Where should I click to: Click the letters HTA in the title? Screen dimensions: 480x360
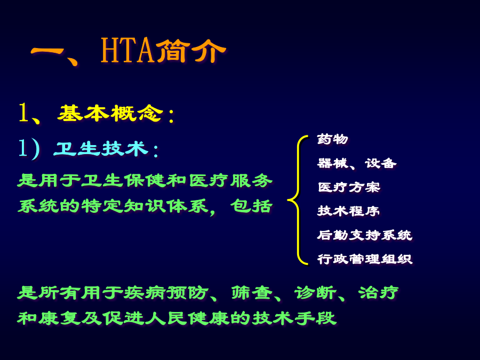127,51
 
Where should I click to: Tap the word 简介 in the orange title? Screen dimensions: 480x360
191,51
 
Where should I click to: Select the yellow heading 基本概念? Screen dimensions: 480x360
110,113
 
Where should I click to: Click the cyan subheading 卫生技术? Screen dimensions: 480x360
100,149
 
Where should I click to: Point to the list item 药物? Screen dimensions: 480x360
333,139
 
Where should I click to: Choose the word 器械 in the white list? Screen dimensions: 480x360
332,163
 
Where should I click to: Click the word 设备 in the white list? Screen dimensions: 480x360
380,163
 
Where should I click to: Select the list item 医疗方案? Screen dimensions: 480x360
349,187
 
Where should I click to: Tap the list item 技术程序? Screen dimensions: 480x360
348,211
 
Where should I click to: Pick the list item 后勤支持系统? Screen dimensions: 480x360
365,235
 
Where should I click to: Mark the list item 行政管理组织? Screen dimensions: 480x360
365,259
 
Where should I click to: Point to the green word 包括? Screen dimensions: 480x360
251,206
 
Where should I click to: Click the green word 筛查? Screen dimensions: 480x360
252,293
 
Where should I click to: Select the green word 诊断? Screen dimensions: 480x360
315,293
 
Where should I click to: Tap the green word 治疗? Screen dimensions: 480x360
379,293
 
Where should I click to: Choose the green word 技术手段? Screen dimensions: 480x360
294,318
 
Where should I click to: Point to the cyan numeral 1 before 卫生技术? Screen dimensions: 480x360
22,148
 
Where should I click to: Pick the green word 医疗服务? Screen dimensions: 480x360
230,180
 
